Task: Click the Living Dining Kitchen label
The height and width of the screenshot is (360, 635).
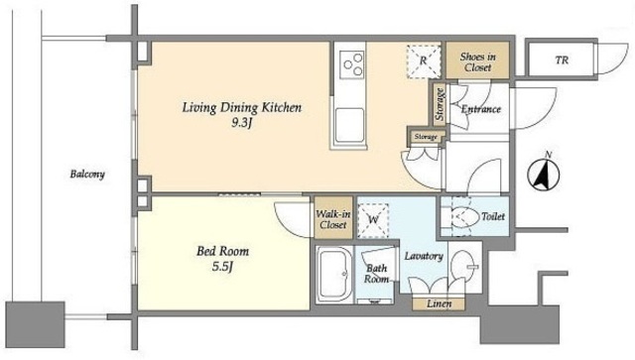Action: pyautogui.click(x=242, y=108)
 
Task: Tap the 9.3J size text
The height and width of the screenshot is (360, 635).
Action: pyautogui.click(x=242, y=123)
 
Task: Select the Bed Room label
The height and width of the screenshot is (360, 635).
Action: pyautogui.click(x=222, y=251)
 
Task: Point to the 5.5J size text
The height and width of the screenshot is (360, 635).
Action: pyautogui.click(x=222, y=267)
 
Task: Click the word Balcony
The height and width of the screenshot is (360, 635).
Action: pyautogui.click(x=87, y=175)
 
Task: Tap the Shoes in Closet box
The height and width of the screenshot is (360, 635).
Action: pyautogui.click(x=477, y=60)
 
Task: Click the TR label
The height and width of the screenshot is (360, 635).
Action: pyautogui.click(x=562, y=60)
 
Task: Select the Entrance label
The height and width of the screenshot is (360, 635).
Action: pyautogui.click(x=481, y=109)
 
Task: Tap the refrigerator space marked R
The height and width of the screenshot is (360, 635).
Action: pyautogui.click(x=424, y=60)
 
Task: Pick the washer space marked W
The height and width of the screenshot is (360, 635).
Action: pyautogui.click(x=373, y=220)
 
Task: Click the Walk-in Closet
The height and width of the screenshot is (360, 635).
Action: pyautogui.click(x=333, y=218)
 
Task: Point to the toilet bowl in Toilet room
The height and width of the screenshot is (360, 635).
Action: pyautogui.click(x=464, y=217)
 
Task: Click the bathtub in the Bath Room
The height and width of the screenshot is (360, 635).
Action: pyautogui.click(x=334, y=274)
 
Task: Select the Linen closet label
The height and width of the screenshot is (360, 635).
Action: pyautogui.click(x=439, y=303)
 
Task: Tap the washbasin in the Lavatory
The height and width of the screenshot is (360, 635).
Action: pyautogui.click(x=462, y=266)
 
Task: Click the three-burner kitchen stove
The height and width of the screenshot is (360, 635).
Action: pyautogui.click(x=352, y=64)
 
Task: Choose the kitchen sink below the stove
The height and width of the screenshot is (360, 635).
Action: pyautogui.click(x=349, y=125)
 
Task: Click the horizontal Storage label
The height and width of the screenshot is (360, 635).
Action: pyautogui.click(x=426, y=137)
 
